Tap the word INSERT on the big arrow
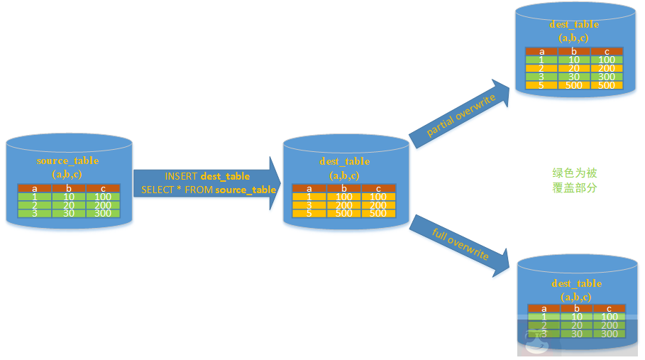[x=182, y=176]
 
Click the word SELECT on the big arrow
[x=158, y=190]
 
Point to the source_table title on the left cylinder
[x=67, y=160]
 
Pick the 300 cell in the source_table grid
[x=102, y=213]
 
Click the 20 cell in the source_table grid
[x=68, y=204]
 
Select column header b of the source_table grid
[x=68, y=187]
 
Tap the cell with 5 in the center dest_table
[x=309, y=213]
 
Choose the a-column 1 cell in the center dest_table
[x=309, y=196]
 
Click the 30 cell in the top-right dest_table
[x=574, y=77]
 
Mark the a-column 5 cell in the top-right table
[x=541, y=85]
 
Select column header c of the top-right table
[x=607, y=51]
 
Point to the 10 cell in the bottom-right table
[x=577, y=317]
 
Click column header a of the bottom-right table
[x=544, y=308]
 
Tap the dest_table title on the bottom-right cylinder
[x=576, y=283]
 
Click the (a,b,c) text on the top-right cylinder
[x=573, y=38]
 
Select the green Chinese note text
[x=575, y=180]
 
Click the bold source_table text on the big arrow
[x=246, y=190]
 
